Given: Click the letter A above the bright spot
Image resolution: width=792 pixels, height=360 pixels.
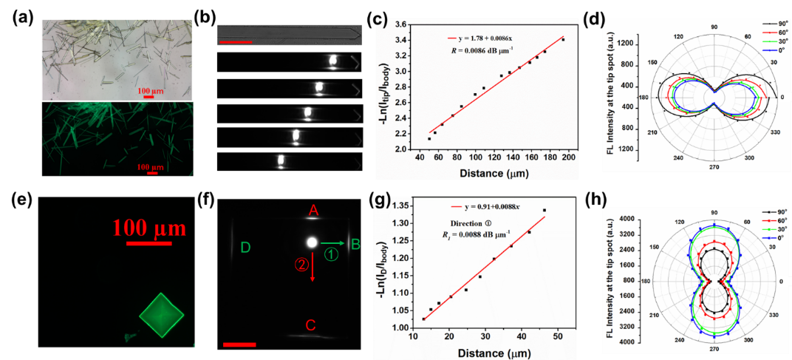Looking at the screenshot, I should tap(313, 212).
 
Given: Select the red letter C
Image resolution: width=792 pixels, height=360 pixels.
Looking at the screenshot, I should tap(311, 325).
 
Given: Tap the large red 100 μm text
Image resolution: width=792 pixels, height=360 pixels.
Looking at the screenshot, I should tap(150, 227).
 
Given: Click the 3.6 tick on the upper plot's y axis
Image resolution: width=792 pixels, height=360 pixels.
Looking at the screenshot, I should tap(401, 24).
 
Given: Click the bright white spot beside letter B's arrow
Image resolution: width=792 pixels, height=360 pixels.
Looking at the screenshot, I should tap(311, 242).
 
